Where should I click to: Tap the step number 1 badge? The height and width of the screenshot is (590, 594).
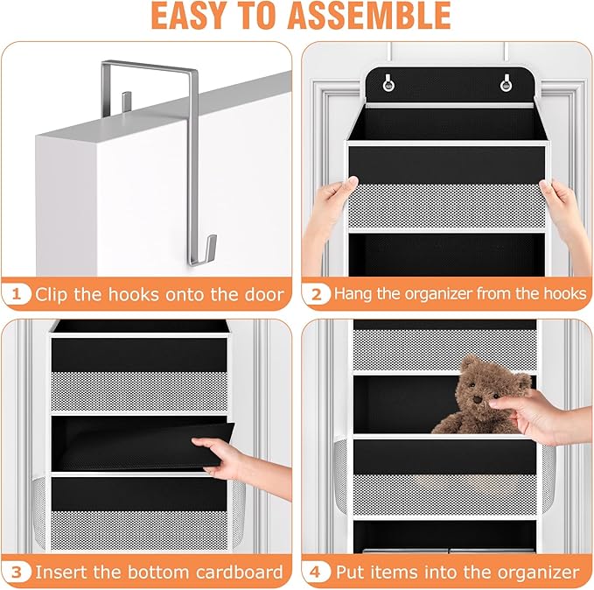coord(16,293)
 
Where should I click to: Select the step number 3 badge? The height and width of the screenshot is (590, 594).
coord(16,572)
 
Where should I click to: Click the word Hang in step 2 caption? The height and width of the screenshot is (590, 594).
coord(353,294)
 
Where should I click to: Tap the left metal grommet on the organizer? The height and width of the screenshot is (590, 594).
coord(387,83)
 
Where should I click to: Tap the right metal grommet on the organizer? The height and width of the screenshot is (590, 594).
coord(505,83)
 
